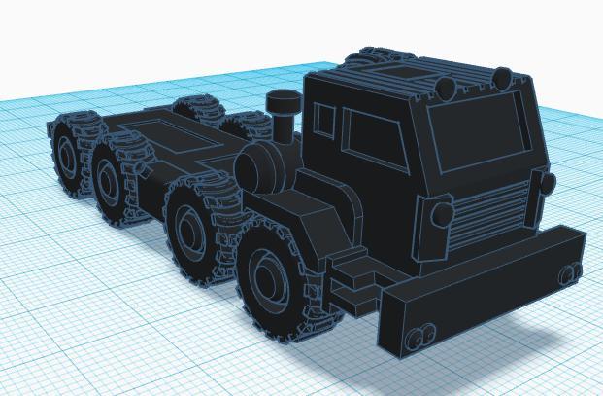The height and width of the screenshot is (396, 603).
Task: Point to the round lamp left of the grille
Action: (x=440, y=215)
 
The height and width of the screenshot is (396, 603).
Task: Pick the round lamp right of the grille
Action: (x=545, y=184)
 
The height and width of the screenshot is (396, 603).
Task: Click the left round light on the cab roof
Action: (x=445, y=90)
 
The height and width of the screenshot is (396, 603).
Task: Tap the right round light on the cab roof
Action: (x=504, y=76)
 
